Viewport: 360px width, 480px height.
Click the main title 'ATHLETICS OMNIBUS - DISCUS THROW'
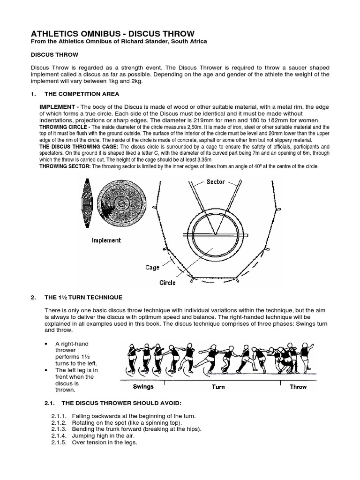pos(112,33)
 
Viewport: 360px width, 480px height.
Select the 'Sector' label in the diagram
pos(216,181)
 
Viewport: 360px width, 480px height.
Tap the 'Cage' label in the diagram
pos(152,267)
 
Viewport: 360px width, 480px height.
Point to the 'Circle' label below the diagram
pos(167,283)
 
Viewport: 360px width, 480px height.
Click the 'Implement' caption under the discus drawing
pos(106,240)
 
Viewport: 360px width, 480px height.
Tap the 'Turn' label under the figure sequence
pos(218,387)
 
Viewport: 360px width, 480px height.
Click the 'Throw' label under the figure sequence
pos(298,387)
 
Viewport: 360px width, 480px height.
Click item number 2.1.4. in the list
pos(61,435)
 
